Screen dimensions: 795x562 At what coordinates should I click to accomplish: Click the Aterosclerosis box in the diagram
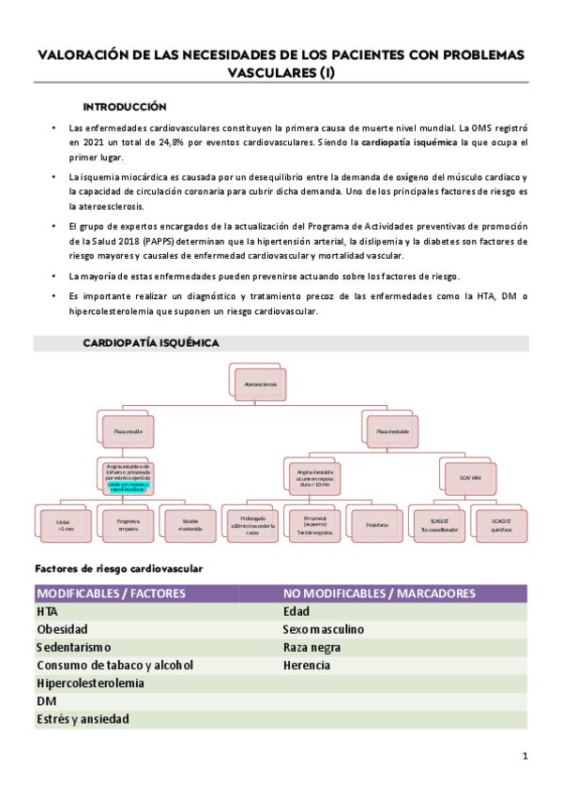(259, 385)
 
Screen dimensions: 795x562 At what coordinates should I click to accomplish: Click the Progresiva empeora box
(128, 525)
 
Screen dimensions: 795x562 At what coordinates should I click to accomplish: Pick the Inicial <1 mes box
(65, 526)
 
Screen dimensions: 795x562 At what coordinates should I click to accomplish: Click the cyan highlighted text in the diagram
(128, 487)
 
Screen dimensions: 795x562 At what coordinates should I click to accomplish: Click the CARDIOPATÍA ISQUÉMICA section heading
(151, 343)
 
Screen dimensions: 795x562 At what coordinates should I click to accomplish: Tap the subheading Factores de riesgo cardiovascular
(118, 568)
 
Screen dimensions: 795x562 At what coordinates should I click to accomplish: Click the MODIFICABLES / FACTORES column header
(111, 593)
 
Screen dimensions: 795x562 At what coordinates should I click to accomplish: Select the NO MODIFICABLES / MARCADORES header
(378, 593)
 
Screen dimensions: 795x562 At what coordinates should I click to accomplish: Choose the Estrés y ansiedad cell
(83, 719)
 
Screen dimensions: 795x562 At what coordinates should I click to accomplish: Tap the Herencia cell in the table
(306, 665)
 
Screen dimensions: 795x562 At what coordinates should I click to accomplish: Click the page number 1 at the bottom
(525, 756)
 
